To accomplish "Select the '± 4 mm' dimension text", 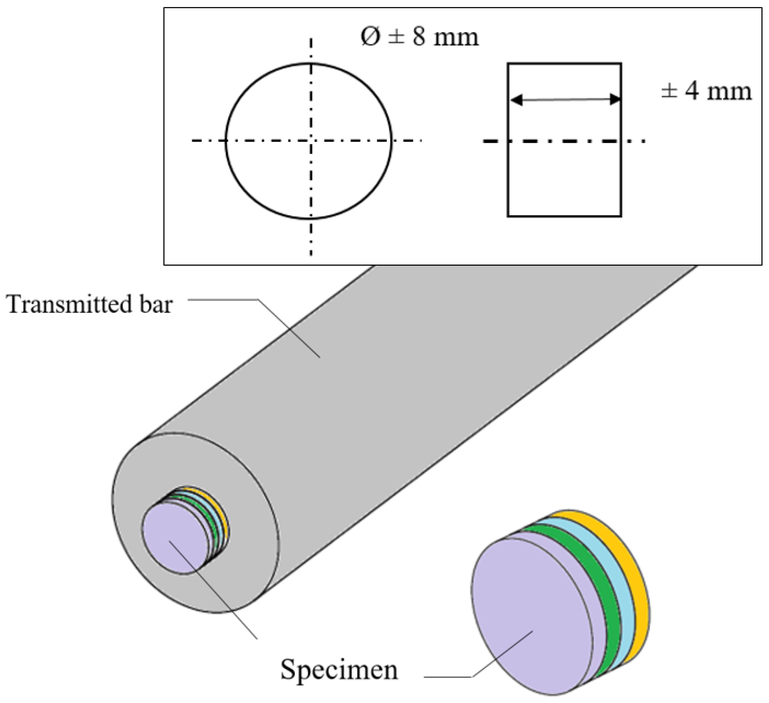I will (x=706, y=92).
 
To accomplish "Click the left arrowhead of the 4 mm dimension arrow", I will (x=516, y=100).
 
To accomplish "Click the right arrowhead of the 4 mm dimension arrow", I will (x=615, y=99).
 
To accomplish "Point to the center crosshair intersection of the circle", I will (x=312, y=141).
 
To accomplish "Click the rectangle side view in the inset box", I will (x=564, y=179).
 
